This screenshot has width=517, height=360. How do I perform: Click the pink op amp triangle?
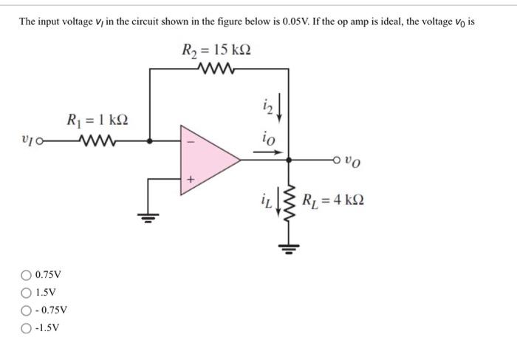pos(206,157)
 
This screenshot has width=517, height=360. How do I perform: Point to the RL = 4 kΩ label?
pos(333,200)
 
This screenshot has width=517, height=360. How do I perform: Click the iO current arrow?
pos(267,153)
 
